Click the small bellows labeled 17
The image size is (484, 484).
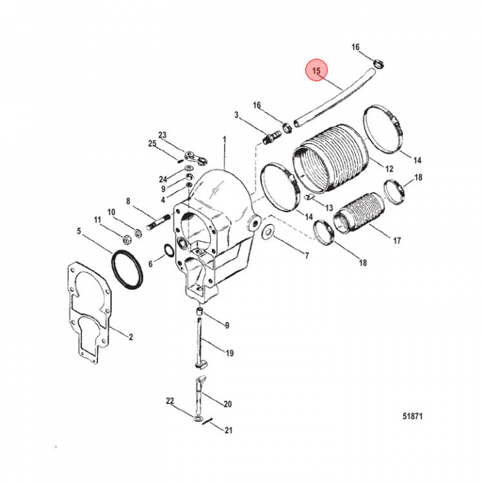coord(357,214)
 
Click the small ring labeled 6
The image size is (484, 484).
coord(168,252)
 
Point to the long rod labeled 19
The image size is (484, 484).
coord(201,340)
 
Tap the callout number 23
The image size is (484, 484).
coord(162,134)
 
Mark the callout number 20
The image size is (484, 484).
coord(227,404)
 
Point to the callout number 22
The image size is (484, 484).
coord(170,401)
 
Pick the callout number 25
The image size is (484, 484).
coord(152,144)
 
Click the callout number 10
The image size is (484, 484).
coord(112,212)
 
